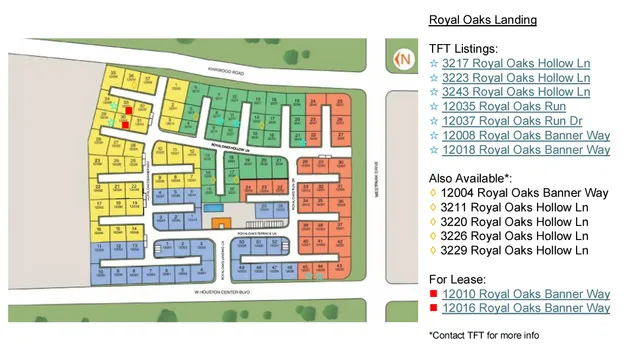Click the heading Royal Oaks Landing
coord(482,19)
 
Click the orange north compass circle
coord(404,58)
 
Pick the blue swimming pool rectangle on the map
coord(213,206)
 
